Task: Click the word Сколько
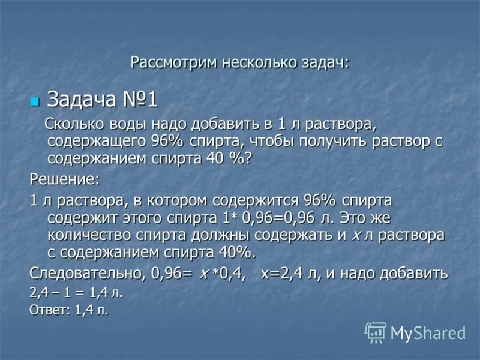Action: tap(76, 126)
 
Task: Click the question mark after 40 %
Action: tap(249, 158)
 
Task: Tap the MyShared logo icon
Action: tap(376, 332)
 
